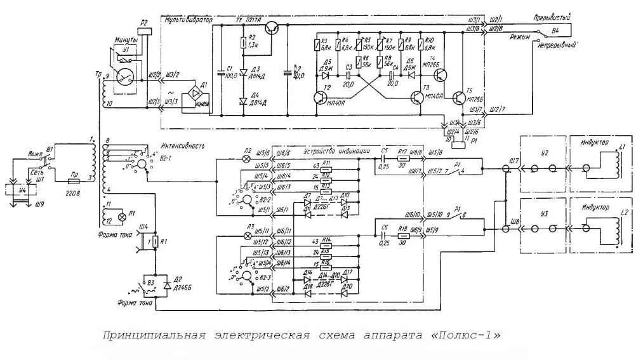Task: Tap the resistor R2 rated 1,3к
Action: click(243, 43)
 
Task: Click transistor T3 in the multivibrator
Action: click(416, 97)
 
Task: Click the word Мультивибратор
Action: click(189, 21)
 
